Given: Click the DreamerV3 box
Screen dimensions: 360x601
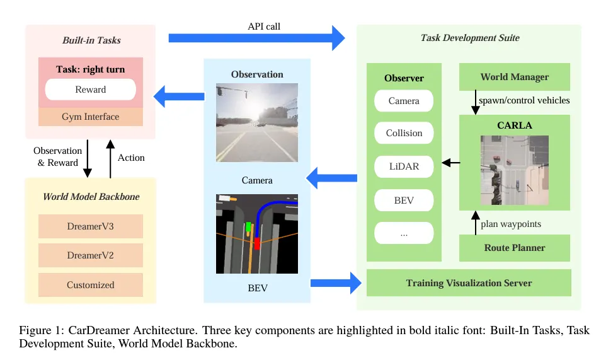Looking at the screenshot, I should click(x=91, y=226).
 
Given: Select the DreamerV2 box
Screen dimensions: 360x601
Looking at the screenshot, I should click(x=91, y=255).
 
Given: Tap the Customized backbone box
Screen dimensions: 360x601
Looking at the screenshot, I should click(x=91, y=285).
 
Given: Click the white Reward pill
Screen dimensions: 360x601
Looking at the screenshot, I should click(x=91, y=90).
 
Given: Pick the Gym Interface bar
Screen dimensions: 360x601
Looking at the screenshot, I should click(x=91, y=117).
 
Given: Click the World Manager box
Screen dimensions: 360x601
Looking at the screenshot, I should click(x=514, y=77).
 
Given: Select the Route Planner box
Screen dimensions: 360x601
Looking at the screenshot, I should click(x=514, y=248).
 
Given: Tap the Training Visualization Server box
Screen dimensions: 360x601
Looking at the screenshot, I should click(x=469, y=283).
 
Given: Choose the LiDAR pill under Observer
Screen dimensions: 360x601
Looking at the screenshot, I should click(x=404, y=166).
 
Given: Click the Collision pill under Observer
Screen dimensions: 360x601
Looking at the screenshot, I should click(x=404, y=133).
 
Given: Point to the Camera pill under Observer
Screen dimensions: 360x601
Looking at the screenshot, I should click(x=404, y=101).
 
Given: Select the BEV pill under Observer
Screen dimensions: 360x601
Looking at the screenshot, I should click(x=404, y=201).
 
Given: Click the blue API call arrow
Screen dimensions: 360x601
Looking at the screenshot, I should click(x=256, y=38).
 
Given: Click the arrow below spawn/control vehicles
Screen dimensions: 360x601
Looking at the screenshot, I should click(x=476, y=102).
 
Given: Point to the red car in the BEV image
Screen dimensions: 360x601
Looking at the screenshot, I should click(x=257, y=243).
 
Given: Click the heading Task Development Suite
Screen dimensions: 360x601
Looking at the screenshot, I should click(x=469, y=38).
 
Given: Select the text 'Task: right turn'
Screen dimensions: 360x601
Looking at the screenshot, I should click(x=91, y=69).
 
